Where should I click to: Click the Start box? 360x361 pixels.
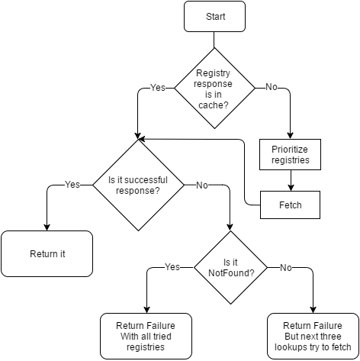tap(214, 17)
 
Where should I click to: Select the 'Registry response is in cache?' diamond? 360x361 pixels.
tap(214, 89)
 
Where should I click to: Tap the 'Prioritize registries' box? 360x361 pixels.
tap(290, 154)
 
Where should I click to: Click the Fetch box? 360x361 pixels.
tap(290, 205)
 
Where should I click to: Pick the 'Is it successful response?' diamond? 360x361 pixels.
tap(138, 185)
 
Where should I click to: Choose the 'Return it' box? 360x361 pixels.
tap(47, 253)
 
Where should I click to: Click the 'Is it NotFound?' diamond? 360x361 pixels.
tap(230, 267)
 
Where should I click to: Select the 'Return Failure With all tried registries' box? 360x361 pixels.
tap(146, 336)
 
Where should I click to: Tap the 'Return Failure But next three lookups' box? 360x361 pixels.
tap(313, 336)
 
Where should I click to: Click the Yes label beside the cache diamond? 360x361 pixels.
tap(158, 88)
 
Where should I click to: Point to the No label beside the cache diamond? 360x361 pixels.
tap(272, 87)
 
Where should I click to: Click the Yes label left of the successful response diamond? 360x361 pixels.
tap(72, 185)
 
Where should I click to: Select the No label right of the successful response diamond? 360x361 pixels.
tap(202, 185)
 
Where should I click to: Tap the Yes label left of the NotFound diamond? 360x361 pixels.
tap(172, 267)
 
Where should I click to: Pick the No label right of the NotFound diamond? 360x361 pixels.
tap(286, 268)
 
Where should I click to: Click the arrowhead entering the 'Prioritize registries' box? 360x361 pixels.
tap(290, 136)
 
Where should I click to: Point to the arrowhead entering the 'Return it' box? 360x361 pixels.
tap(47, 227)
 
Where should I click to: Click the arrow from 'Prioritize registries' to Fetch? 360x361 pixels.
tap(291, 180)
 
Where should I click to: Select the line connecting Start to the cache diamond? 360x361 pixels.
tap(214, 40)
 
